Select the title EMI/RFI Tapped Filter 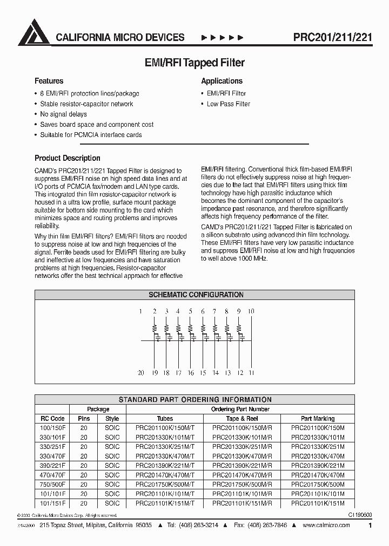click(x=195, y=63)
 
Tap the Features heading click(x=49, y=81)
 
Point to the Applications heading click(x=222, y=81)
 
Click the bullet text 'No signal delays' click(x=63, y=114)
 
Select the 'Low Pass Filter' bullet click(x=228, y=104)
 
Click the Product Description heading click(x=67, y=158)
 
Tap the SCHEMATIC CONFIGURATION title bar click(x=196, y=295)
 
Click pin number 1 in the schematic click(x=140, y=311)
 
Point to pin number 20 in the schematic click(x=140, y=373)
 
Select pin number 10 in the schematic click(x=251, y=311)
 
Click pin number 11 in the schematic click(x=251, y=373)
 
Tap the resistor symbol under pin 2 click(x=155, y=327)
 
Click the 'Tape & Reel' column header click(x=242, y=418)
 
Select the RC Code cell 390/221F click(x=53, y=465)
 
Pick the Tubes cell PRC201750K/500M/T click(x=165, y=484)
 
